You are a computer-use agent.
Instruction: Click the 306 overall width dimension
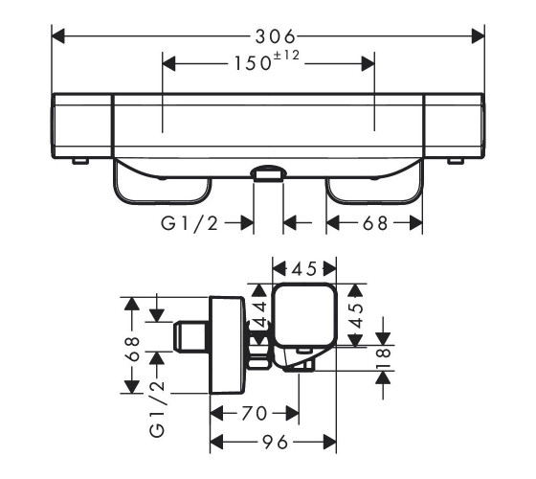(x=275, y=36)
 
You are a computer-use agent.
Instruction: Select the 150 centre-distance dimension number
(x=253, y=63)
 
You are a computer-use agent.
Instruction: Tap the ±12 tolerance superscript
(x=285, y=55)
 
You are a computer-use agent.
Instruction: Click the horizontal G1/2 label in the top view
(x=190, y=224)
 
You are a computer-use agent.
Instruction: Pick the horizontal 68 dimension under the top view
(x=375, y=223)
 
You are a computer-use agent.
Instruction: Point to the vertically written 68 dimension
(x=133, y=349)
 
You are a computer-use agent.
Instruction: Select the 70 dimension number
(x=254, y=413)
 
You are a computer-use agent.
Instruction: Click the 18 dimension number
(x=383, y=358)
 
